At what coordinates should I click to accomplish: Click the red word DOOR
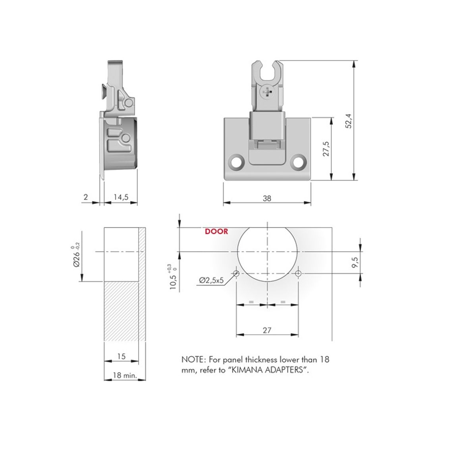coord(216,231)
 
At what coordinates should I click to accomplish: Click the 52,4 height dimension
coord(348,121)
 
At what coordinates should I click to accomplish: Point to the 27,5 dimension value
coord(326,149)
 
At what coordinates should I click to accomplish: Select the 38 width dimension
coord(267,199)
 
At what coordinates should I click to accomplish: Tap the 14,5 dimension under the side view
coord(121,197)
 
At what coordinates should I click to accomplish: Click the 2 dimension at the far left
coord(85,197)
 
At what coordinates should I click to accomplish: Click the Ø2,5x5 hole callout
coord(211,280)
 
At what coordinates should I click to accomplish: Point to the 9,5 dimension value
coord(355,262)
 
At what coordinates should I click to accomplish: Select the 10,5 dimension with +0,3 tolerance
coord(174,277)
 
